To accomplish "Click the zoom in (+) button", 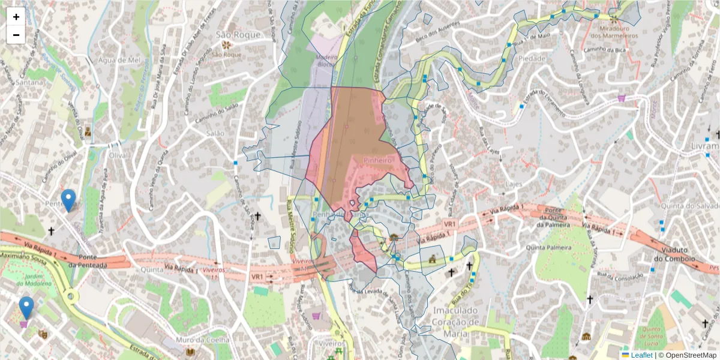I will coord(16,17).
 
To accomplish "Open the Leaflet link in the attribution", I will coord(641,355).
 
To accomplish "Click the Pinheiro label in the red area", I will coord(377,161).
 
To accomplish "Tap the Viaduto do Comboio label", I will coord(674,254).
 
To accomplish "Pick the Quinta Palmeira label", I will coord(547,247).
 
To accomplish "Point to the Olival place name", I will coord(119,155).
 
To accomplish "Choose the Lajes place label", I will coord(514,184).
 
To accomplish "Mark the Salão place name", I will coord(215,133).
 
